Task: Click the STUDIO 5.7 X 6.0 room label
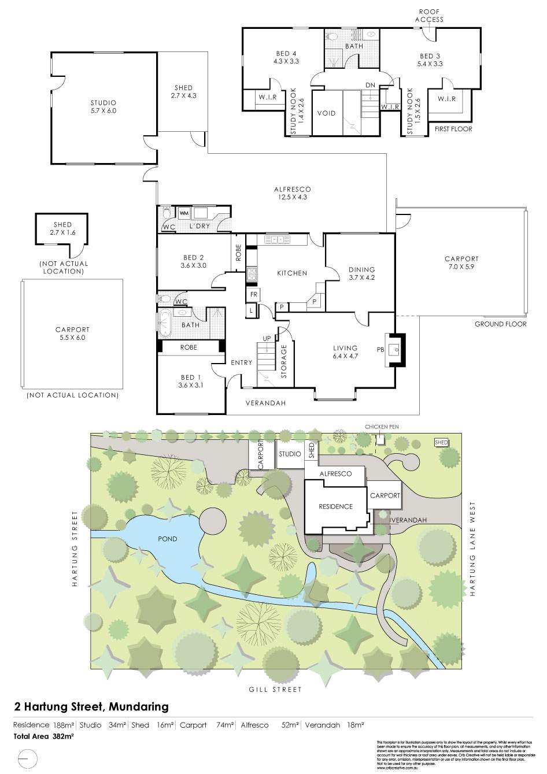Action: pyautogui.click(x=103, y=106)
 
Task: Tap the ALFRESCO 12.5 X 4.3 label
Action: pyautogui.click(x=292, y=193)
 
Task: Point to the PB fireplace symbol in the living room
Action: pyautogui.click(x=395, y=349)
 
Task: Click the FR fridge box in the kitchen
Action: pyautogui.click(x=253, y=295)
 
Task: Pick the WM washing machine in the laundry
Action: pyautogui.click(x=183, y=213)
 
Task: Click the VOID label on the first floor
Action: pyautogui.click(x=326, y=113)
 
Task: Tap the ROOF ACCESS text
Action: pyautogui.click(x=429, y=16)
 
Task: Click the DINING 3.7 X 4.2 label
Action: pyautogui.click(x=362, y=273)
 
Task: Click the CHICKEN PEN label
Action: pyautogui.click(x=381, y=427)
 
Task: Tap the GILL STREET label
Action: pyautogui.click(x=275, y=689)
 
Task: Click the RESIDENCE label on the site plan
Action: pyautogui.click(x=335, y=506)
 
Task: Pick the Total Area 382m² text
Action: pyautogui.click(x=44, y=736)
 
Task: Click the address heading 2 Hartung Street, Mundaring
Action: pyautogui.click(x=91, y=706)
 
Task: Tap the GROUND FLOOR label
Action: pyautogui.click(x=500, y=324)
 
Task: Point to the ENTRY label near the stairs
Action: pyautogui.click(x=241, y=362)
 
